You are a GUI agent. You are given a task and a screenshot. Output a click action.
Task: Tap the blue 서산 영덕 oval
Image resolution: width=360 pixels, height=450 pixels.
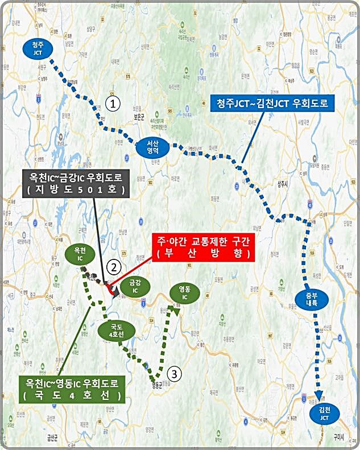154,149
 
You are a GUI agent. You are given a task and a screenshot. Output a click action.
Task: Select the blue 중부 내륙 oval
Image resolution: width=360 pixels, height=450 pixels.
308,300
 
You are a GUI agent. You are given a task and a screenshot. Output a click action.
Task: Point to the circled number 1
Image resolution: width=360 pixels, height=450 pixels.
114,104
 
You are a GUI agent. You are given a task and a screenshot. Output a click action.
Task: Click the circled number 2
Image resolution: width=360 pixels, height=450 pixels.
115,266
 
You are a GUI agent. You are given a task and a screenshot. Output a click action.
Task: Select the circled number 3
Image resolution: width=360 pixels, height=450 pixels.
176,373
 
